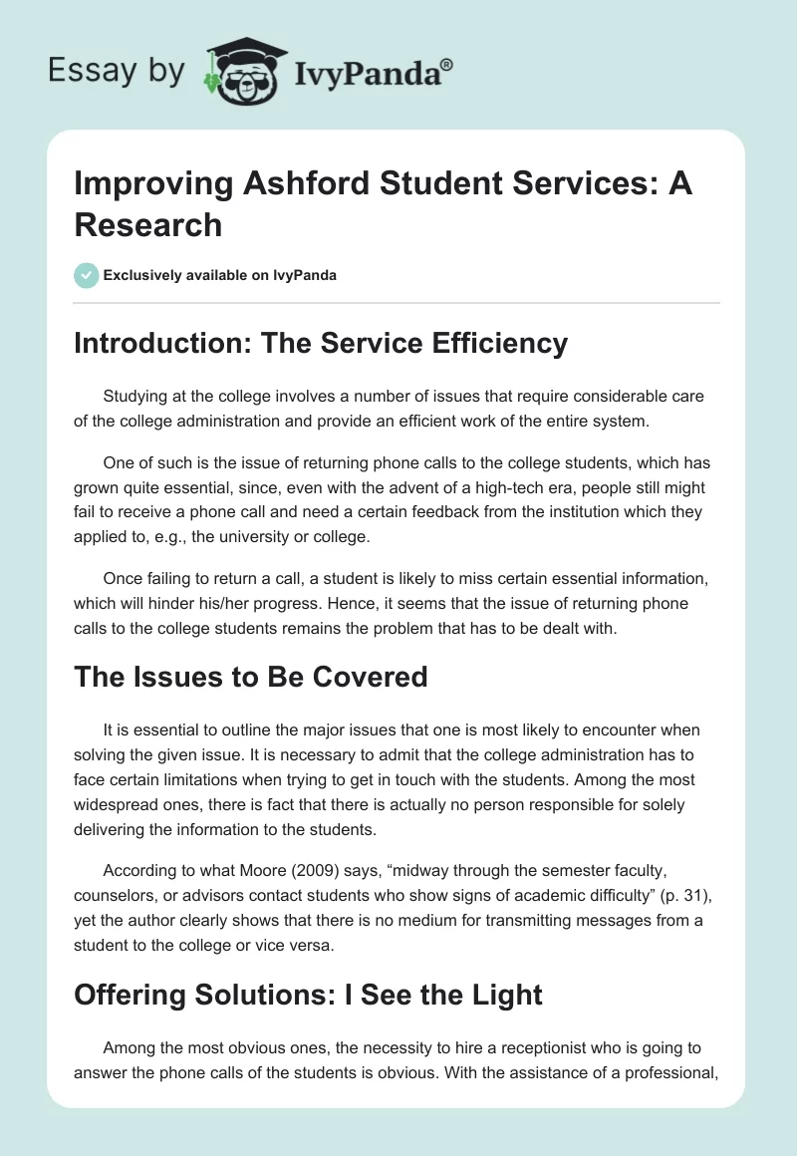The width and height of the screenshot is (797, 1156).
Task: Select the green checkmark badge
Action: coord(87,275)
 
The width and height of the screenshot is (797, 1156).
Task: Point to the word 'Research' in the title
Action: coord(148,225)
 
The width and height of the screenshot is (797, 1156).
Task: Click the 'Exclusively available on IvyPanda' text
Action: coord(220,275)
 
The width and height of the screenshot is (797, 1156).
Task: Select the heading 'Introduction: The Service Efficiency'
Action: coord(321,343)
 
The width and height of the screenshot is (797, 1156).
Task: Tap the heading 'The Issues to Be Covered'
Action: coord(251,677)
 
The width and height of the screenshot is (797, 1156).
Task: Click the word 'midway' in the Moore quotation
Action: coord(389,872)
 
